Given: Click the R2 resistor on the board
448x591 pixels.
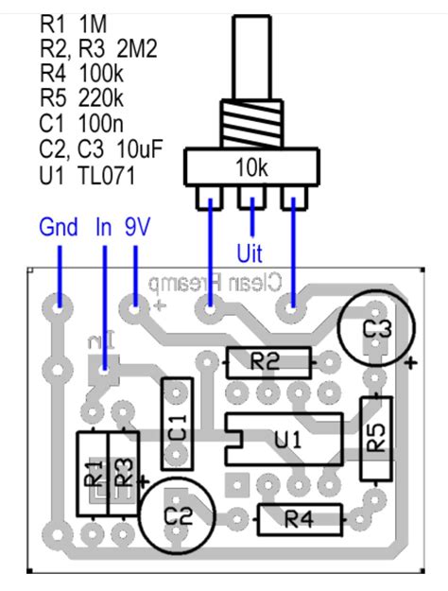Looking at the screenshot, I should click(x=268, y=361).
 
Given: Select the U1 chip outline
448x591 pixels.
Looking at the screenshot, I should click(x=284, y=440).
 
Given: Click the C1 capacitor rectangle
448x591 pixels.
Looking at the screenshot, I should click(x=177, y=421).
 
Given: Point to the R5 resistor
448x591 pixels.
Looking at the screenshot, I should click(x=376, y=438).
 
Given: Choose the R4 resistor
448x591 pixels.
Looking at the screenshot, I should click(x=299, y=518).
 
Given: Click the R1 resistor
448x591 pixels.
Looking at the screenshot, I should click(x=93, y=473).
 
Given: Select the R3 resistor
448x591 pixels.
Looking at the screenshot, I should click(x=123, y=473).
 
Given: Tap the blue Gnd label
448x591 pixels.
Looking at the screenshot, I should click(x=59, y=228).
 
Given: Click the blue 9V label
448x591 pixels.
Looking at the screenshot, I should click(x=139, y=228).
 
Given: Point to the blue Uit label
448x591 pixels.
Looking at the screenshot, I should click(x=250, y=253).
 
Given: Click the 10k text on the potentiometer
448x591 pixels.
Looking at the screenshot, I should click(x=250, y=167).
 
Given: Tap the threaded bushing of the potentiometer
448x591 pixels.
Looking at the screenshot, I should click(x=250, y=125).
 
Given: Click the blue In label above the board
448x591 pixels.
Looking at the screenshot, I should click(x=104, y=228).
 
